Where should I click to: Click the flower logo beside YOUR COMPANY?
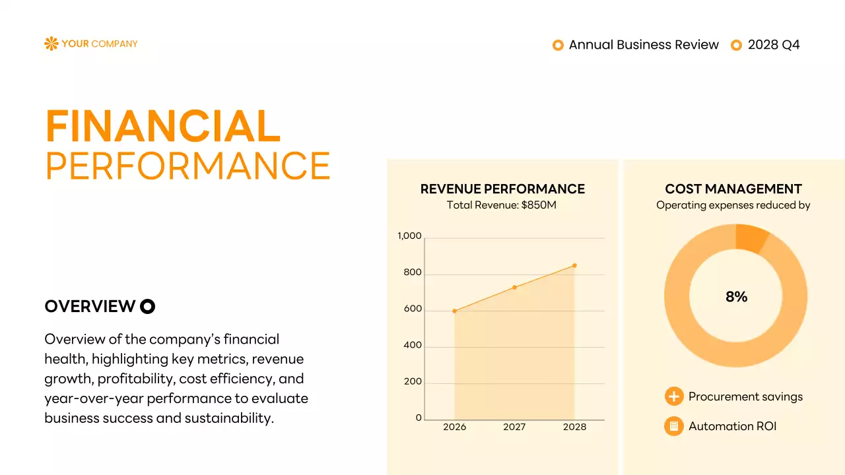[x=51, y=44]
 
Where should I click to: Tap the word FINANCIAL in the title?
[x=162, y=127]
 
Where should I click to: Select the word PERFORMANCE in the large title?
[x=187, y=166]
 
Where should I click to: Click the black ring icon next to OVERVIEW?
[x=147, y=306]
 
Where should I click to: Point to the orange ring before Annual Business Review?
[x=558, y=45]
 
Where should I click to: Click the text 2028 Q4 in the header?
[x=774, y=45]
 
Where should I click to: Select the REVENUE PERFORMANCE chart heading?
[x=502, y=189]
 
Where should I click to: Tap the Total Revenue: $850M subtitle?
[x=502, y=205]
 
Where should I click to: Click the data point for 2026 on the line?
[x=454, y=311]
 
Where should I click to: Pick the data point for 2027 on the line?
[x=514, y=287]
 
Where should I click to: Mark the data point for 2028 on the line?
[x=574, y=265]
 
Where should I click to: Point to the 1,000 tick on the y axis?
[x=409, y=236]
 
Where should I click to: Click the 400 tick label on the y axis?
[x=413, y=346]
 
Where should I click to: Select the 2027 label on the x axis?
[x=514, y=427]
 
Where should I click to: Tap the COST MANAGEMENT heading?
[x=733, y=189]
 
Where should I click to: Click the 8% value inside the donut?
[x=736, y=297]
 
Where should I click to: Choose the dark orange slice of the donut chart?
[x=751, y=237]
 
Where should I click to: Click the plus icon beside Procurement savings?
[x=673, y=396]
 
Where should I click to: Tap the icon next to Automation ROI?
[x=673, y=426]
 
